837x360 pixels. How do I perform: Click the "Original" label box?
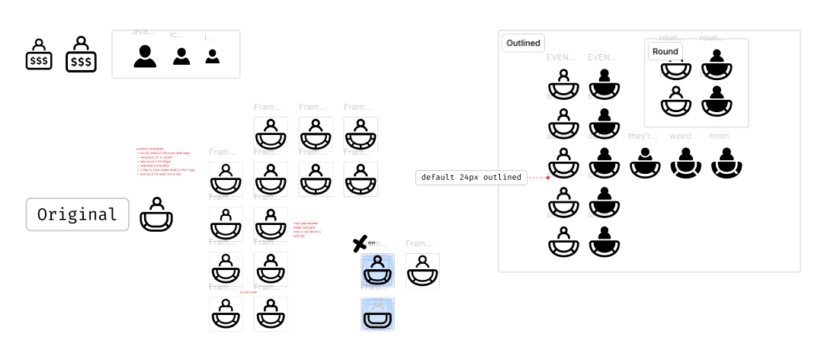[x=77, y=214]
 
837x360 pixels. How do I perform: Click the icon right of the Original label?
[x=156, y=214]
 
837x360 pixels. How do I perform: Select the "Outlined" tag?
[x=523, y=43]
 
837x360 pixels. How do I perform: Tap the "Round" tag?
[x=665, y=51]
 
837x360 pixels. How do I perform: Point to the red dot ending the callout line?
[x=548, y=178]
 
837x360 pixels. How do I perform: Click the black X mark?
[x=360, y=244]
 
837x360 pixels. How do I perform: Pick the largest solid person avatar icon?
[x=145, y=56]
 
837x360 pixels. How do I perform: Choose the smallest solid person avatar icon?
[x=213, y=56]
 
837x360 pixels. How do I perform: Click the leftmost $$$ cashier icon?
[x=39, y=55]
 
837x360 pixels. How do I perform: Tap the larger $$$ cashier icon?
[x=81, y=55]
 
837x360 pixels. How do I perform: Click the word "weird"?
[x=680, y=137]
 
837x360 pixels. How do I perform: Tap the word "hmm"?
[x=720, y=137]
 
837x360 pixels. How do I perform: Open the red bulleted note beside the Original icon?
[x=164, y=161]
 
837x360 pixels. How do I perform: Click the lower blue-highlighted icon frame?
[x=377, y=314]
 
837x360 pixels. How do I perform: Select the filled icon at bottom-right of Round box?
[x=717, y=101]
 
